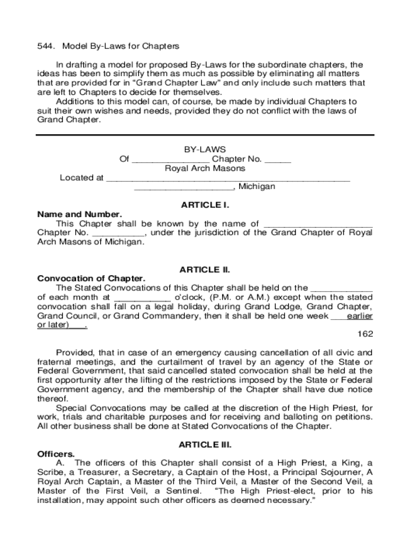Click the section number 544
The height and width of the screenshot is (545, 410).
[44, 46]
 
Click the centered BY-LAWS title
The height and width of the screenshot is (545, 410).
[205, 150]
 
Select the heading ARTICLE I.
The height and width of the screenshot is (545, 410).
[205, 205]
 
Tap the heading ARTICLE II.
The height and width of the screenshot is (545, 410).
[205, 270]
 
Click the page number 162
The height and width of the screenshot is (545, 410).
[365, 334]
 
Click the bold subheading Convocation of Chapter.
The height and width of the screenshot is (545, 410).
[91, 279]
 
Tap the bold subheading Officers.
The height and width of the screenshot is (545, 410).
[56, 454]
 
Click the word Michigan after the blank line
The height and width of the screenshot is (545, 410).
[257, 187]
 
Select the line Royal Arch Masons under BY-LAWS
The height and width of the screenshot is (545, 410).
[205, 168]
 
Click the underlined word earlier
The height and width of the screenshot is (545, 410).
[359, 316]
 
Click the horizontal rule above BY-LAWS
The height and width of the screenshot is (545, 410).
[205, 135]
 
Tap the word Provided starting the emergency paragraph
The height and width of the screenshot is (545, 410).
[75, 352]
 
